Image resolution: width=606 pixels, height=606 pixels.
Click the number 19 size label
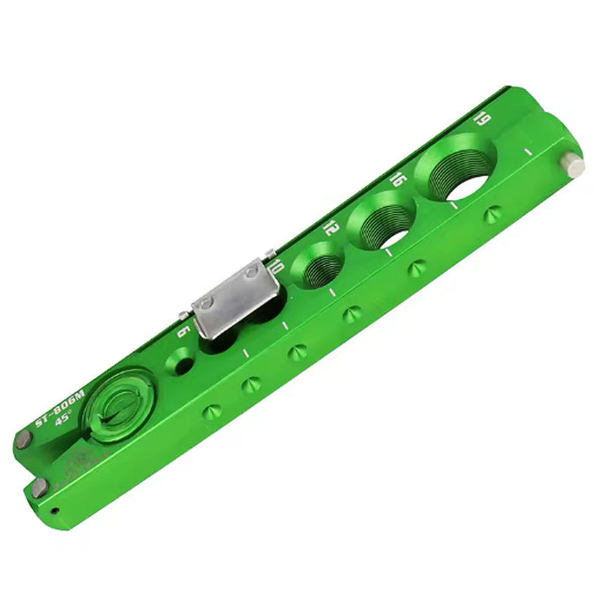(x=484, y=119)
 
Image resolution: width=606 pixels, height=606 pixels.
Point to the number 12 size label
(x=330, y=229)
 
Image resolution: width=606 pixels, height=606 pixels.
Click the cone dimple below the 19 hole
(x=492, y=213)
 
